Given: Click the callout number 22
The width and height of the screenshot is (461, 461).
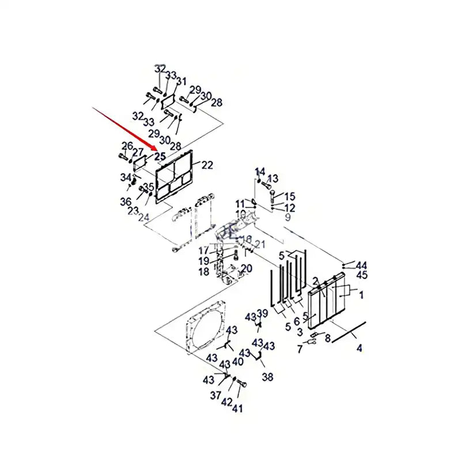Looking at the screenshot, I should click(x=207, y=165).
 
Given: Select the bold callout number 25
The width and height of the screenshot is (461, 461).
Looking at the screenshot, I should click(x=160, y=156).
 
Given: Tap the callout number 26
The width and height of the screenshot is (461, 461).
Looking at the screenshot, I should click(x=127, y=146).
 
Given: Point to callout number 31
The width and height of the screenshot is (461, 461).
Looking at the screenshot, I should click(x=182, y=81).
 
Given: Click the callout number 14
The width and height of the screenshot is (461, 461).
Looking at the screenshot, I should click(x=260, y=171).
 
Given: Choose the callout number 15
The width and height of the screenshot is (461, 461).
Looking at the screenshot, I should click(x=289, y=197).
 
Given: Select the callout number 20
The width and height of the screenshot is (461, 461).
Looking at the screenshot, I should click(x=246, y=269).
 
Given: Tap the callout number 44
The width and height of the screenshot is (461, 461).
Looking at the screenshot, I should click(x=361, y=265).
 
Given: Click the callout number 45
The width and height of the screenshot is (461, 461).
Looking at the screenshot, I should click(x=361, y=275).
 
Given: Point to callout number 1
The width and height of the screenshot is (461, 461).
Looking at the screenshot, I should click(x=361, y=294).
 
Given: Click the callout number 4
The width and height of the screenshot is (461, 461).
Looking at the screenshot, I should click(x=360, y=347).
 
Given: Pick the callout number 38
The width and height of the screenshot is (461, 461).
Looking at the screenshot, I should click(x=267, y=377).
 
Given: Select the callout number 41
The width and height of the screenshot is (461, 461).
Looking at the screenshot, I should click(x=237, y=409).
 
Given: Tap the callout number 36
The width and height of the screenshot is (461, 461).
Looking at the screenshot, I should click(x=126, y=201).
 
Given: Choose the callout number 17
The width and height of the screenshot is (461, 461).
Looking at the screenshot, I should click(x=203, y=251).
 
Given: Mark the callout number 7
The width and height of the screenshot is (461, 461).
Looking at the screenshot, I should click(x=299, y=349).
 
